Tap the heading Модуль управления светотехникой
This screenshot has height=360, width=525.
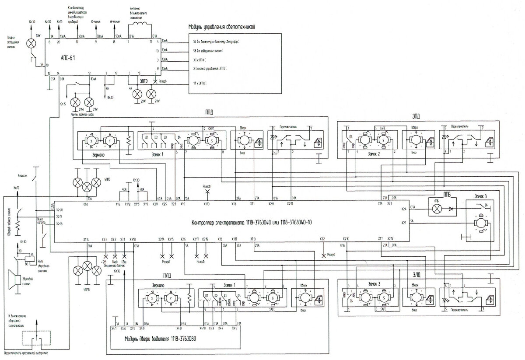click(221, 27)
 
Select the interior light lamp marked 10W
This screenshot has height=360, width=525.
click(31, 43)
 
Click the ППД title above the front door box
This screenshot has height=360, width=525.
click(209, 112)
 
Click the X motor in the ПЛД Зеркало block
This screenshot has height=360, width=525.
click(152, 297)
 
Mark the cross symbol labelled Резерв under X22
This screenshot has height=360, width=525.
click(323, 255)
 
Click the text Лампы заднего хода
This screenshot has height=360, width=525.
click(83, 115)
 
